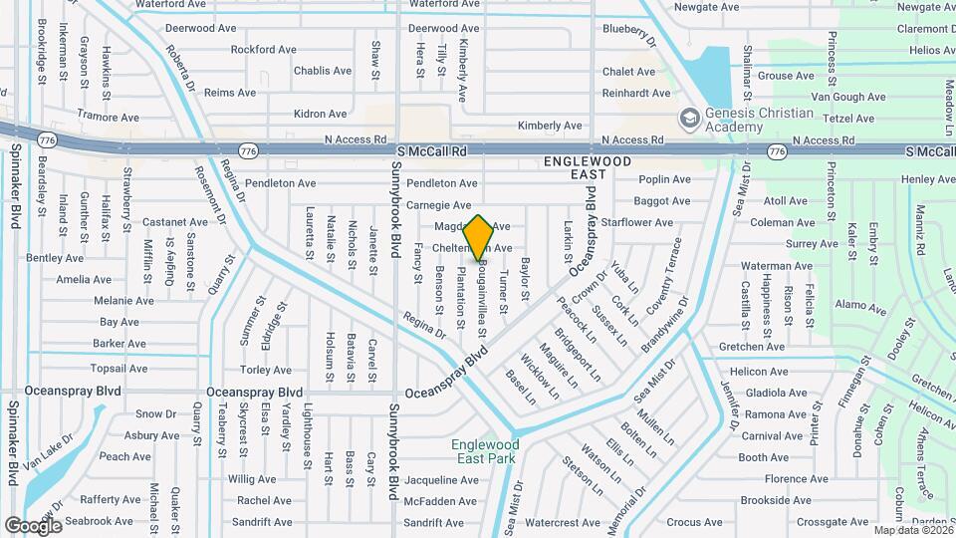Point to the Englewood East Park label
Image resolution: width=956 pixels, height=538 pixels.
pyautogui.click(x=485, y=451)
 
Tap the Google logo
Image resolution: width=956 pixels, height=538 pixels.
pyautogui.click(x=33, y=525)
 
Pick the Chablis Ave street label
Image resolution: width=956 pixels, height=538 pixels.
pyautogui.click(x=323, y=71)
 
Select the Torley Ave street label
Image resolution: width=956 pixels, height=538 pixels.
pyautogui.click(x=266, y=370)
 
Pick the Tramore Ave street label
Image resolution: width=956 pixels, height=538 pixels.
pyautogui.click(x=106, y=117)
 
